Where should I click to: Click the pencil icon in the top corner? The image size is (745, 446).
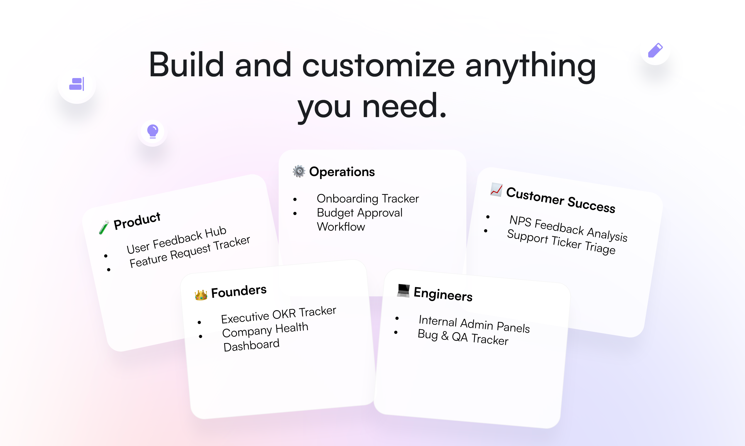655,50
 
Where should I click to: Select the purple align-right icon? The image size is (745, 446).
77,84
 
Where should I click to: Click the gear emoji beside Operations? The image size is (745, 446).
299,171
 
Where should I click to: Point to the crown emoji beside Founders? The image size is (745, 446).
201,295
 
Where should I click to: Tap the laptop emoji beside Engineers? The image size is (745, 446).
403,290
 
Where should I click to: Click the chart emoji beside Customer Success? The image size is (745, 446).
496,190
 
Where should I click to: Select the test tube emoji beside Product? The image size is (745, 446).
104,227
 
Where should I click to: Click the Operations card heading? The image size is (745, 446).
342,172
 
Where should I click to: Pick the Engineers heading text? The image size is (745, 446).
443,294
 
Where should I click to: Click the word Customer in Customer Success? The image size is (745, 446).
535,196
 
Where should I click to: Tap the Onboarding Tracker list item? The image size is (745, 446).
368,199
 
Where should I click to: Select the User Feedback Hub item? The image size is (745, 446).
176,239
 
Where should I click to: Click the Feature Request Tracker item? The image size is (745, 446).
189,252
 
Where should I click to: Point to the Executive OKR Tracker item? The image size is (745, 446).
278,315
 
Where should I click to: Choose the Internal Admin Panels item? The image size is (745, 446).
474,324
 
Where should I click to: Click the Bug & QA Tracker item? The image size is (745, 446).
463,337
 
